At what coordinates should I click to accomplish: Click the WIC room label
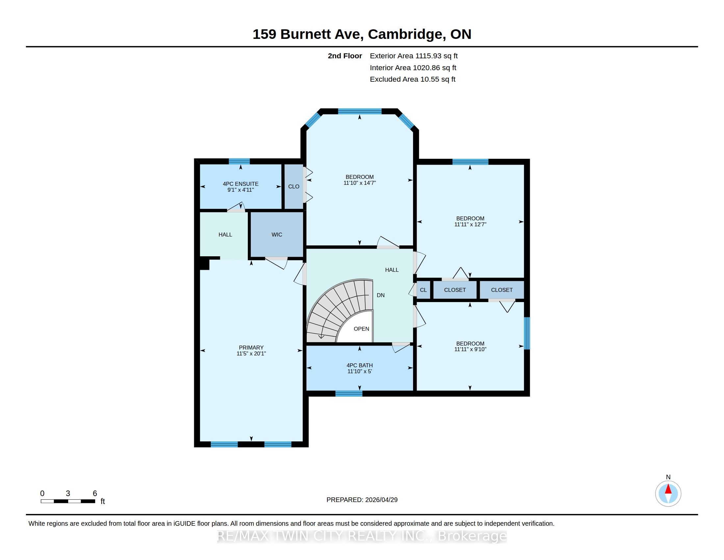point(277,235)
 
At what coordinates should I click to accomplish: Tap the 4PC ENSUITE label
point(241,184)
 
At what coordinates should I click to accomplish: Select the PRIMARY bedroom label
point(251,348)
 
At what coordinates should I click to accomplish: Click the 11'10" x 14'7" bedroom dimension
point(360,183)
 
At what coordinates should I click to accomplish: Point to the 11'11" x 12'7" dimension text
point(470,224)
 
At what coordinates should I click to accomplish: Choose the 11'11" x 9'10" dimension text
point(470,349)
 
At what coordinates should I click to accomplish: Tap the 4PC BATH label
point(360,365)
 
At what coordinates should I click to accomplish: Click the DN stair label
point(380,295)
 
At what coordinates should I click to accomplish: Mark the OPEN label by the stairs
point(361,329)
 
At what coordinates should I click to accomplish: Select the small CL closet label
point(423,290)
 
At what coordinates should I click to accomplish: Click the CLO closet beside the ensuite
point(294,186)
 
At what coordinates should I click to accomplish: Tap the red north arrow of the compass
point(668,489)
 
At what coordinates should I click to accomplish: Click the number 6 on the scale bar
point(95,493)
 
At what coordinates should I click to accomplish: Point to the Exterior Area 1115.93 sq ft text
point(414,56)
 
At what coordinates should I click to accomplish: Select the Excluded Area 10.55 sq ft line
point(413,79)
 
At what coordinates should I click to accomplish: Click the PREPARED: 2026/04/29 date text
point(362,500)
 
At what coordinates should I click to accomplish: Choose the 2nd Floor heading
point(345,56)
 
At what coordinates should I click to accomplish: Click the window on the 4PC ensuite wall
point(239,161)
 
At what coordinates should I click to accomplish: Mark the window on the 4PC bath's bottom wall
point(349,393)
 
